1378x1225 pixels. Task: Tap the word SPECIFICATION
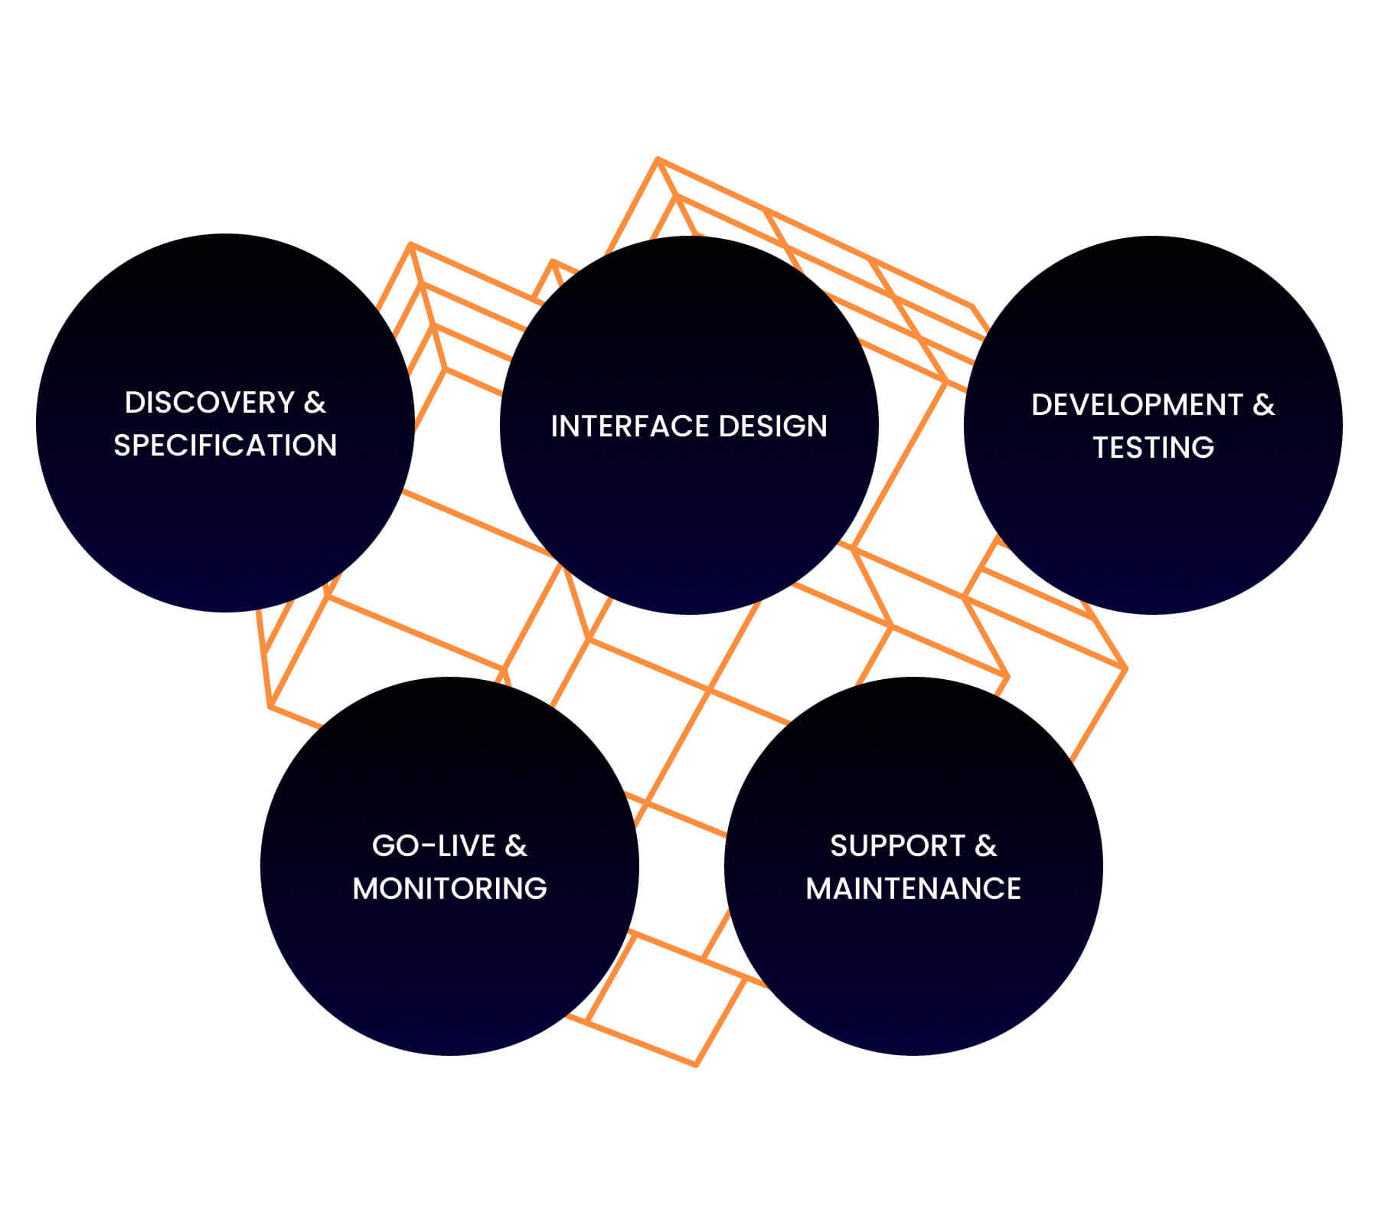pyautogui.click(x=225, y=446)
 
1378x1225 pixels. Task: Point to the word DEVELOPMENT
pyautogui.click(x=1137, y=405)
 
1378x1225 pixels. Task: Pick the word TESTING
pyautogui.click(x=1153, y=448)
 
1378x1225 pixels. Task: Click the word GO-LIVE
pyautogui.click(x=433, y=846)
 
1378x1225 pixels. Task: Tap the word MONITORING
pyautogui.click(x=449, y=889)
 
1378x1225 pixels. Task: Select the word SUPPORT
pyautogui.click(x=897, y=846)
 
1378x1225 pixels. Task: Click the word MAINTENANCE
pyautogui.click(x=913, y=889)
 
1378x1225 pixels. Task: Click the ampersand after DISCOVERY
pyautogui.click(x=315, y=403)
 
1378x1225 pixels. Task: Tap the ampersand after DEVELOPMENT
pyautogui.click(x=1263, y=405)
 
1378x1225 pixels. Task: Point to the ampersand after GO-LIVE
pyautogui.click(x=516, y=846)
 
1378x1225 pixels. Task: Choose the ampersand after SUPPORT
pyautogui.click(x=986, y=846)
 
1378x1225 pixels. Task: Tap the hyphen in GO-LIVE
pyautogui.click(x=427, y=848)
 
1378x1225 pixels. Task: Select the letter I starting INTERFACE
pyautogui.click(x=554, y=426)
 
